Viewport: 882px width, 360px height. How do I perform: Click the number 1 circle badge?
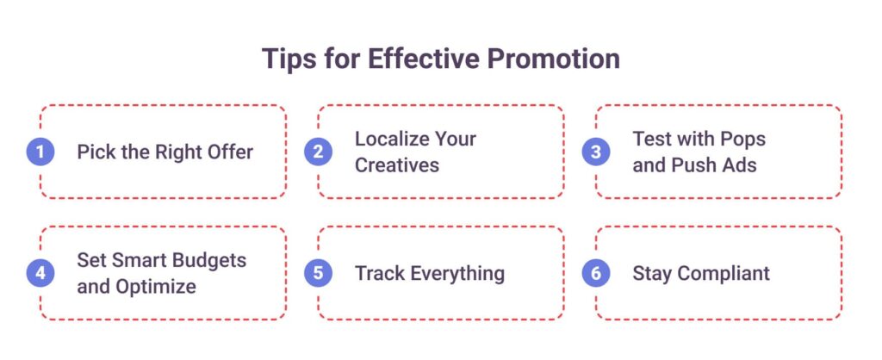(x=40, y=152)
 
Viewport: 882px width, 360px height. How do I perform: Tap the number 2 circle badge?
(x=318, y=152)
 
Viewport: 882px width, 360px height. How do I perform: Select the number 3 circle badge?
(x=596, y=152)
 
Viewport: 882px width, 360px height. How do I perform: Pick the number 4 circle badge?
(x=40, y=273)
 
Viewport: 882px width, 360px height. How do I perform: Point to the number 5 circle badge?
(x=318, y=273)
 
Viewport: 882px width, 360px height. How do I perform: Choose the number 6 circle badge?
(x=596, y=273)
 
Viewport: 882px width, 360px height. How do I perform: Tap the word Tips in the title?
(x=288, y=59)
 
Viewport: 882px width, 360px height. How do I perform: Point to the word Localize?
(x=390, y=139)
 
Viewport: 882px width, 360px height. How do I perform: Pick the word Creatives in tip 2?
(x=396, y=164)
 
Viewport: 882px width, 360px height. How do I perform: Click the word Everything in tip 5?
(x=457, y=274)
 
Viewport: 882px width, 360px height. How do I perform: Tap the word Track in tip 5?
(x=380, y=273)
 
